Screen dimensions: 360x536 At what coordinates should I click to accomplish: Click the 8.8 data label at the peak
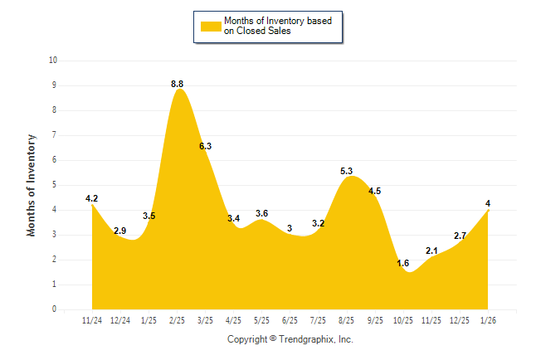tap(178, 84)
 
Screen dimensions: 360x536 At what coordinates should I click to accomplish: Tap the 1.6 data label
tap(403, 263)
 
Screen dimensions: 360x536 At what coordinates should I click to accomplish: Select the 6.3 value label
tap(206, 146)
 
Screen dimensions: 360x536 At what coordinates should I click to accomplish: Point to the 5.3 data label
tap(347, 171)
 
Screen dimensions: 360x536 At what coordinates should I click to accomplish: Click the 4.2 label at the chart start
tap(92, 198)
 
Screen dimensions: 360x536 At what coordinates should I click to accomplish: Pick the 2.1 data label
tap(431, 251)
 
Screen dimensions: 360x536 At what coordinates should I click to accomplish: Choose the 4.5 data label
tap(374, 191)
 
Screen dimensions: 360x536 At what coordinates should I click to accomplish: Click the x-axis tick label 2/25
tap(177, 319)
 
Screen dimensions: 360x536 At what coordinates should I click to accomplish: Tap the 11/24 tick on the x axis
tap(92, 319)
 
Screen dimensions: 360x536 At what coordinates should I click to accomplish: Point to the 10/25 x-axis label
tap(403, 319)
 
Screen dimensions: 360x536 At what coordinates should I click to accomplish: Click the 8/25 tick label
tap(347, 319)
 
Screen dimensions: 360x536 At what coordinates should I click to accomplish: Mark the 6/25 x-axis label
tap(290, 319)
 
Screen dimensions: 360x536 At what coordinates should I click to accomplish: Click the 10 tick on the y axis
tap(53, 61)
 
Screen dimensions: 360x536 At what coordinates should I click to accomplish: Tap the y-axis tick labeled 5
tap(55, 185)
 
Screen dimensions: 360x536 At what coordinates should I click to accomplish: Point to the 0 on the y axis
tap(55, 309)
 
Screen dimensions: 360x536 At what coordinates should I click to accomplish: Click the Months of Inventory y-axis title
tap(32, 185)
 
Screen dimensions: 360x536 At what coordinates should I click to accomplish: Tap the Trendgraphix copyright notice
tap(290, 339)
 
